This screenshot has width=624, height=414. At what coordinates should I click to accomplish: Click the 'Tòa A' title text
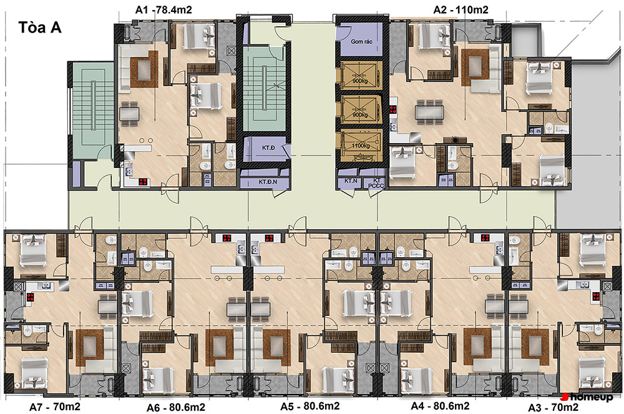[x=40, y=27]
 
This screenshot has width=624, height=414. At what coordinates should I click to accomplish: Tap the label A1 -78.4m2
[x=163, y=9]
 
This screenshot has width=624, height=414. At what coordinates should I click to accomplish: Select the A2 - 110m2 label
[x=461, y=9]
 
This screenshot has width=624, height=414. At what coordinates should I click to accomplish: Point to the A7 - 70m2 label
[x=55, y=407]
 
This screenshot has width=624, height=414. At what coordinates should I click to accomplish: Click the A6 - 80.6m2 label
[x=176, y=408]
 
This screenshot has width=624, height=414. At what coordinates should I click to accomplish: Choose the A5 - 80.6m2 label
[x=310, y=407]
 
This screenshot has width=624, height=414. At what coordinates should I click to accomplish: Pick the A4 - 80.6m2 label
[x=440, y=406]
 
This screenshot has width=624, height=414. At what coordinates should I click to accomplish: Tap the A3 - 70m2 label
[x=553, y=408]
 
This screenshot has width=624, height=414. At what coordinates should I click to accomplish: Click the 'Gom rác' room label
[x=361, y=41]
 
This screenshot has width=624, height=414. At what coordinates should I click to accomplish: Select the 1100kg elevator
[x=360, y=145]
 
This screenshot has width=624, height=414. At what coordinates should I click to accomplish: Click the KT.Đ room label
[x=268, y=148]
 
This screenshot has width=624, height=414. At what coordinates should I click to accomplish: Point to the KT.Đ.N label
[x=268, y=182]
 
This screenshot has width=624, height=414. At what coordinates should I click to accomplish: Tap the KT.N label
[x=351, y=180]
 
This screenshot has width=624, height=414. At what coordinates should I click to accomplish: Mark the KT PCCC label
[x=376, y=183]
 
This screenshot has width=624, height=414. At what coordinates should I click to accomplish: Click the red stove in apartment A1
[x=143, y=182]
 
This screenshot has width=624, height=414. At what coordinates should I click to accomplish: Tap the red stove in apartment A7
[x=30, y=297]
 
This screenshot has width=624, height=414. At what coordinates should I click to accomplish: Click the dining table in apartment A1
[x=129, y=114]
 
